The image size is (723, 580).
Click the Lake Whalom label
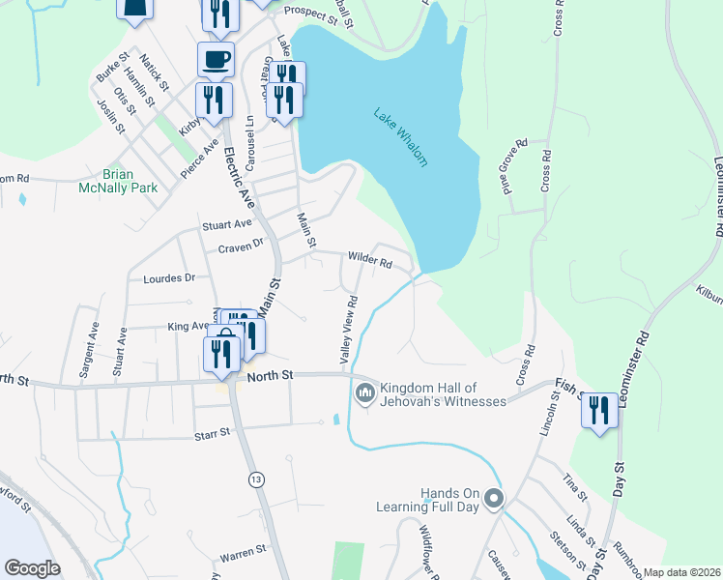400,137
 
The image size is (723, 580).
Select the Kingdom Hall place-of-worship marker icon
364,392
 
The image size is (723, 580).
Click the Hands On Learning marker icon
494,500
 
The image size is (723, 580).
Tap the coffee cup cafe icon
216,59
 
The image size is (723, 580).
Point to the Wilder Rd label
370,261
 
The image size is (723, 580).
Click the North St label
270,375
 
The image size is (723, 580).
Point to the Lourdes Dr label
169,277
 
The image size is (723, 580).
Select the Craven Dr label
241,246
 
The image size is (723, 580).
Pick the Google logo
32,568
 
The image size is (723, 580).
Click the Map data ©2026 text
681,572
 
